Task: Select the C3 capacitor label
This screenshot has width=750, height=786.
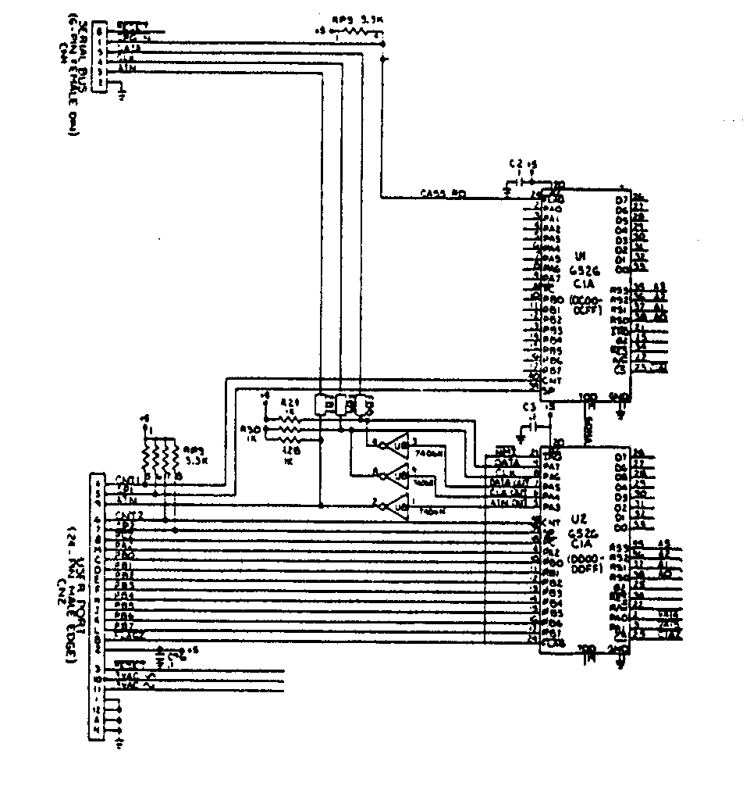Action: click(x=530, y=406)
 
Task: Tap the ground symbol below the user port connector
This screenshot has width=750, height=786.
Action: click(x=119, y=742)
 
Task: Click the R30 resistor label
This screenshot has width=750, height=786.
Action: click(x=251, y=430)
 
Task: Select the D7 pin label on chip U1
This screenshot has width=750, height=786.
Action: click(x=621, y=199)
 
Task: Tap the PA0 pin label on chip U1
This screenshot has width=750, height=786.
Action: click(x=552, y=209)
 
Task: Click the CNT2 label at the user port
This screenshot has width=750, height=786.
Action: click(x=129, y=514)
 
